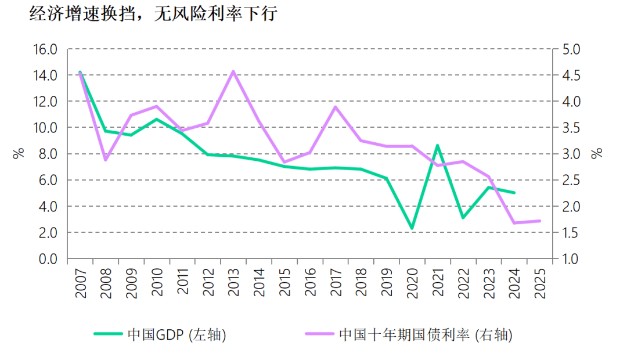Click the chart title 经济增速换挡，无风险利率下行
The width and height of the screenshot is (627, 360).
click(153, 15)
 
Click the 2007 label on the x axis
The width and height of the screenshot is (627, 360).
click(80, 283)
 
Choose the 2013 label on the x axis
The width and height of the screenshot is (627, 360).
click(233, 283)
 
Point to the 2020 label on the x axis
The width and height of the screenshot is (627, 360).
click(412, 283)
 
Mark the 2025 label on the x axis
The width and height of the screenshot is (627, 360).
click(540, 283)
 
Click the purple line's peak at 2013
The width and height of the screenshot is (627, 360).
click(233, 71)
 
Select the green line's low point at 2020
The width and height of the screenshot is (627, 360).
click(412, 228)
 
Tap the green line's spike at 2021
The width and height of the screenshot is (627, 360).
click(437, 145)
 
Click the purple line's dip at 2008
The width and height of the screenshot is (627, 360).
click(105, 160)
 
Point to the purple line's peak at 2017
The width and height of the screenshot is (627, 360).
click(335, 106)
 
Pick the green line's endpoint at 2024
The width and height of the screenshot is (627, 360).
click(514, 193)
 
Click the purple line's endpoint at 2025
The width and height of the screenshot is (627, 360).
click(540, 221)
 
